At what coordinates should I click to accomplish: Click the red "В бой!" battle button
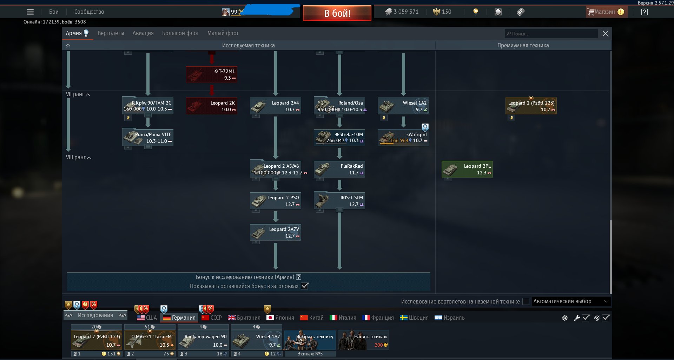337,13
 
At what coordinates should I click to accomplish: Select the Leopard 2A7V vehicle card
276,232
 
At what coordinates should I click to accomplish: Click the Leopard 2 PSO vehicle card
276,201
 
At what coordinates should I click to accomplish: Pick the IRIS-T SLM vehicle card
339,201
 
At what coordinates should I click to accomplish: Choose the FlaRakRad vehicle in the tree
339,169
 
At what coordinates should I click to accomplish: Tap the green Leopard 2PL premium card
467,169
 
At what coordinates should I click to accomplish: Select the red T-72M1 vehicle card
212,74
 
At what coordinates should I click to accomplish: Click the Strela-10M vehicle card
339,138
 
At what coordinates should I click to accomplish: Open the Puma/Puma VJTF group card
148,138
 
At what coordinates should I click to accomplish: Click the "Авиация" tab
143,33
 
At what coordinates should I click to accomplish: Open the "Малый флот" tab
223,33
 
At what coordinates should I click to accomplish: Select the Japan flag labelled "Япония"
280,318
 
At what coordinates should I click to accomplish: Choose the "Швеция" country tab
414,318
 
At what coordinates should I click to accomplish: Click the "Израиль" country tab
450,318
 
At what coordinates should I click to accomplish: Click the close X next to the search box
606,34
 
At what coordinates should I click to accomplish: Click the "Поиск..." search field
551,34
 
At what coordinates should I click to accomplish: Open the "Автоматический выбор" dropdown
571,301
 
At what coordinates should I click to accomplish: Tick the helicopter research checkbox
526,301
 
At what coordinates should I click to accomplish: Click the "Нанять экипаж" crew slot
363,340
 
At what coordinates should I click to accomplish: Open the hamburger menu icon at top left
30,12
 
